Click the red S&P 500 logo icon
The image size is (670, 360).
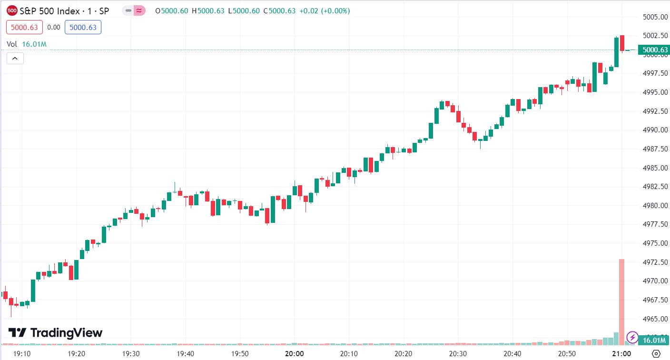pos(12,11)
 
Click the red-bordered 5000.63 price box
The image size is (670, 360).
pos(24,27)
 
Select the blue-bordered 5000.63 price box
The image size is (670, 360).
pos(83,27)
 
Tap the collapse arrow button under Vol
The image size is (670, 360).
pos(15,59)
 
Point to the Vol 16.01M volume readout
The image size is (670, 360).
pos(27,44)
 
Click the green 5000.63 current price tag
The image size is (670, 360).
pos(653,50)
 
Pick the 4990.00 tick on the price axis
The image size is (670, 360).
pos(655,130)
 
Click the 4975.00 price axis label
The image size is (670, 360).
pos(655,243)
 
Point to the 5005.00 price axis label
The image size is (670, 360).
pos(655,17)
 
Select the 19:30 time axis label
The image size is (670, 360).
pos(131,354)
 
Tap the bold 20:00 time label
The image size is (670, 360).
pos(295,354)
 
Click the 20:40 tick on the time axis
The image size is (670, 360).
pos(512,354)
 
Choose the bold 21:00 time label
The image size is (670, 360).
pos(621,354)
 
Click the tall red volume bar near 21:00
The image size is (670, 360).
pos(621,302)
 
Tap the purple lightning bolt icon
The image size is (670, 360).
pos(632,338)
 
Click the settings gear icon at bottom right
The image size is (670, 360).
pos(656,354)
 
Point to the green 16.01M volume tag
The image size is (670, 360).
pos(653,340)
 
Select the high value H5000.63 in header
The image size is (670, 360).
pos(208,11)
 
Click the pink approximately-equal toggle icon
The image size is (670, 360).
pos(139,11)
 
